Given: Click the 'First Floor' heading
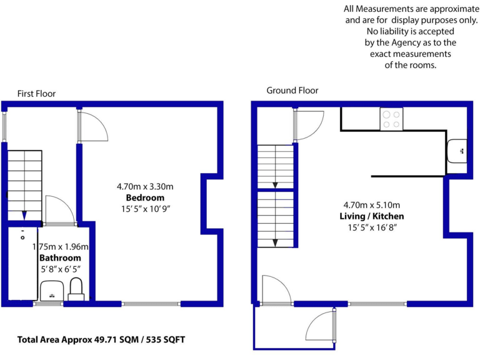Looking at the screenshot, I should pos(36,94).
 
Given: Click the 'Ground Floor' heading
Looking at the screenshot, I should pos(292,90).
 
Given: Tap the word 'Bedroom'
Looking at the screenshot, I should pos(145,197).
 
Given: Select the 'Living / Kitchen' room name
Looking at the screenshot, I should pos(372,216).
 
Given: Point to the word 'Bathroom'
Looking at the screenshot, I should pos(60,257).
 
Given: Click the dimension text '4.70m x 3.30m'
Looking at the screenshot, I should pos(145,186).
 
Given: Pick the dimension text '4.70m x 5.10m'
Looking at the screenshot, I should pos(372,204).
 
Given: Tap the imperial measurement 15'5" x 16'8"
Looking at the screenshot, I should pos(372,227).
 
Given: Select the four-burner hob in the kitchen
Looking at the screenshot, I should pos(392,119).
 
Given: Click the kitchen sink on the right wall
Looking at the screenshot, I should pos(456,151).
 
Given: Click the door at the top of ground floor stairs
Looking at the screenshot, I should pos(309,125).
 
